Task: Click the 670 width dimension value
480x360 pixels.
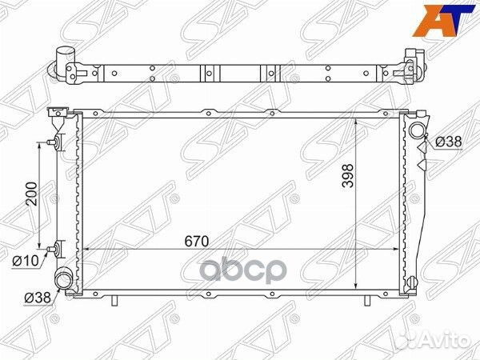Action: click(x=197, y=242)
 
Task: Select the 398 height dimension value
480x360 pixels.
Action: click(x=348, y=176)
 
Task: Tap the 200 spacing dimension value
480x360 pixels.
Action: click(x=31, y=194)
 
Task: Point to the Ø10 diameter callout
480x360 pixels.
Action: click(x=26, y=261)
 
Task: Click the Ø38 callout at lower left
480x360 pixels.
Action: click(x=38, y=297)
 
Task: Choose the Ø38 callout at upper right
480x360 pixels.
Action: click(x=448, y=142)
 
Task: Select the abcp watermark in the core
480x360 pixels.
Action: click(x=243, y=270)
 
